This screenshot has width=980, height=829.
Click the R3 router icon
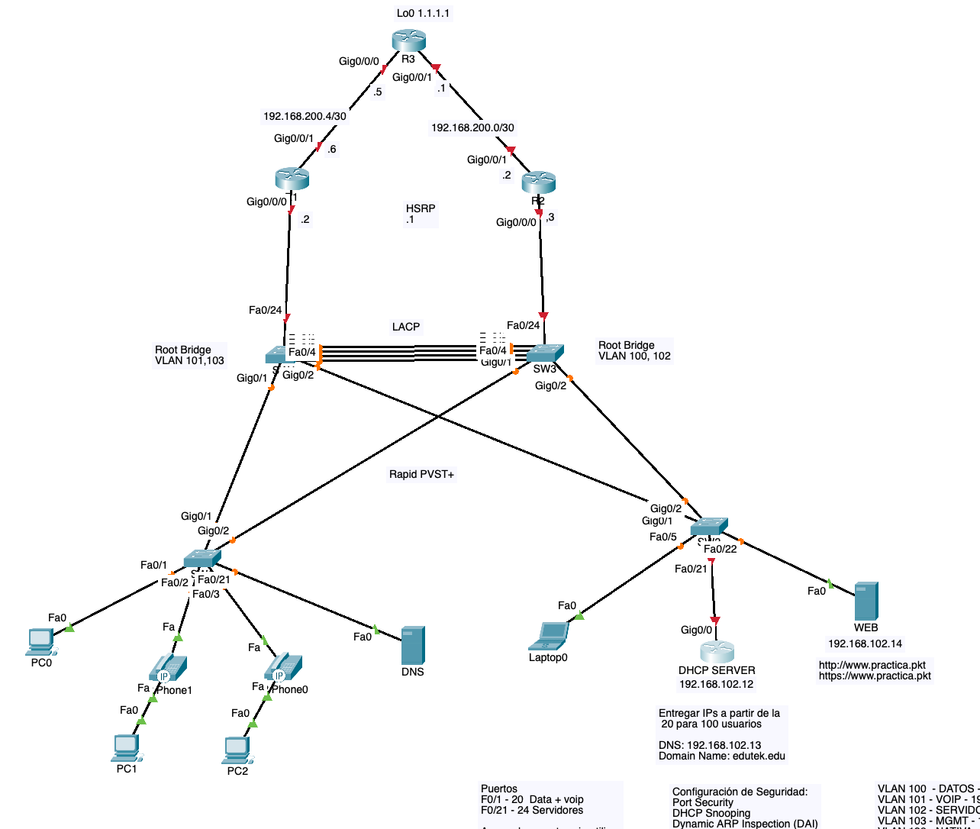tap(408, 41)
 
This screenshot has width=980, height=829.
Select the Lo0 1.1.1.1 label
tap(423, 14)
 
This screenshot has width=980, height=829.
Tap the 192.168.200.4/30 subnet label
tap(305, 116)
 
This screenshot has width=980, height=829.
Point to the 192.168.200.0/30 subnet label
tap(472, 127)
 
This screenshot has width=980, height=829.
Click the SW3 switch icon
tap(545, 353)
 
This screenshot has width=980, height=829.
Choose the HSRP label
tap(421, 208)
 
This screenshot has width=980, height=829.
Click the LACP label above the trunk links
tap(406, 327)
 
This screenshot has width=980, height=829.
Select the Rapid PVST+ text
tap(421, 474)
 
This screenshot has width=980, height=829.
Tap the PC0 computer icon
tap(40, 641)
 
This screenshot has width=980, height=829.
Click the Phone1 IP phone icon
tap(167, 667)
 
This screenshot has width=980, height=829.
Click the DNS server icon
tap(413, 646)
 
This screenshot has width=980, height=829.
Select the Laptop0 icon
tap(550, 636)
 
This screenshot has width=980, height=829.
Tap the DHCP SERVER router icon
tap(717, 651)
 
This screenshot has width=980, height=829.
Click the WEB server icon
tap(866, 601)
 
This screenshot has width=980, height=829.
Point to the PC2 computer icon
tap(237, 750)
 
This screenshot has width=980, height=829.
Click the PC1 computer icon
tap(126, 747)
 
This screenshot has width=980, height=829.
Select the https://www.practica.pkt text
tap(875, 676)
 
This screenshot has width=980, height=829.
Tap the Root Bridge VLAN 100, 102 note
tap(634, 350)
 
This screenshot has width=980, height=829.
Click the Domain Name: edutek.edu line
tap(722, 756)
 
